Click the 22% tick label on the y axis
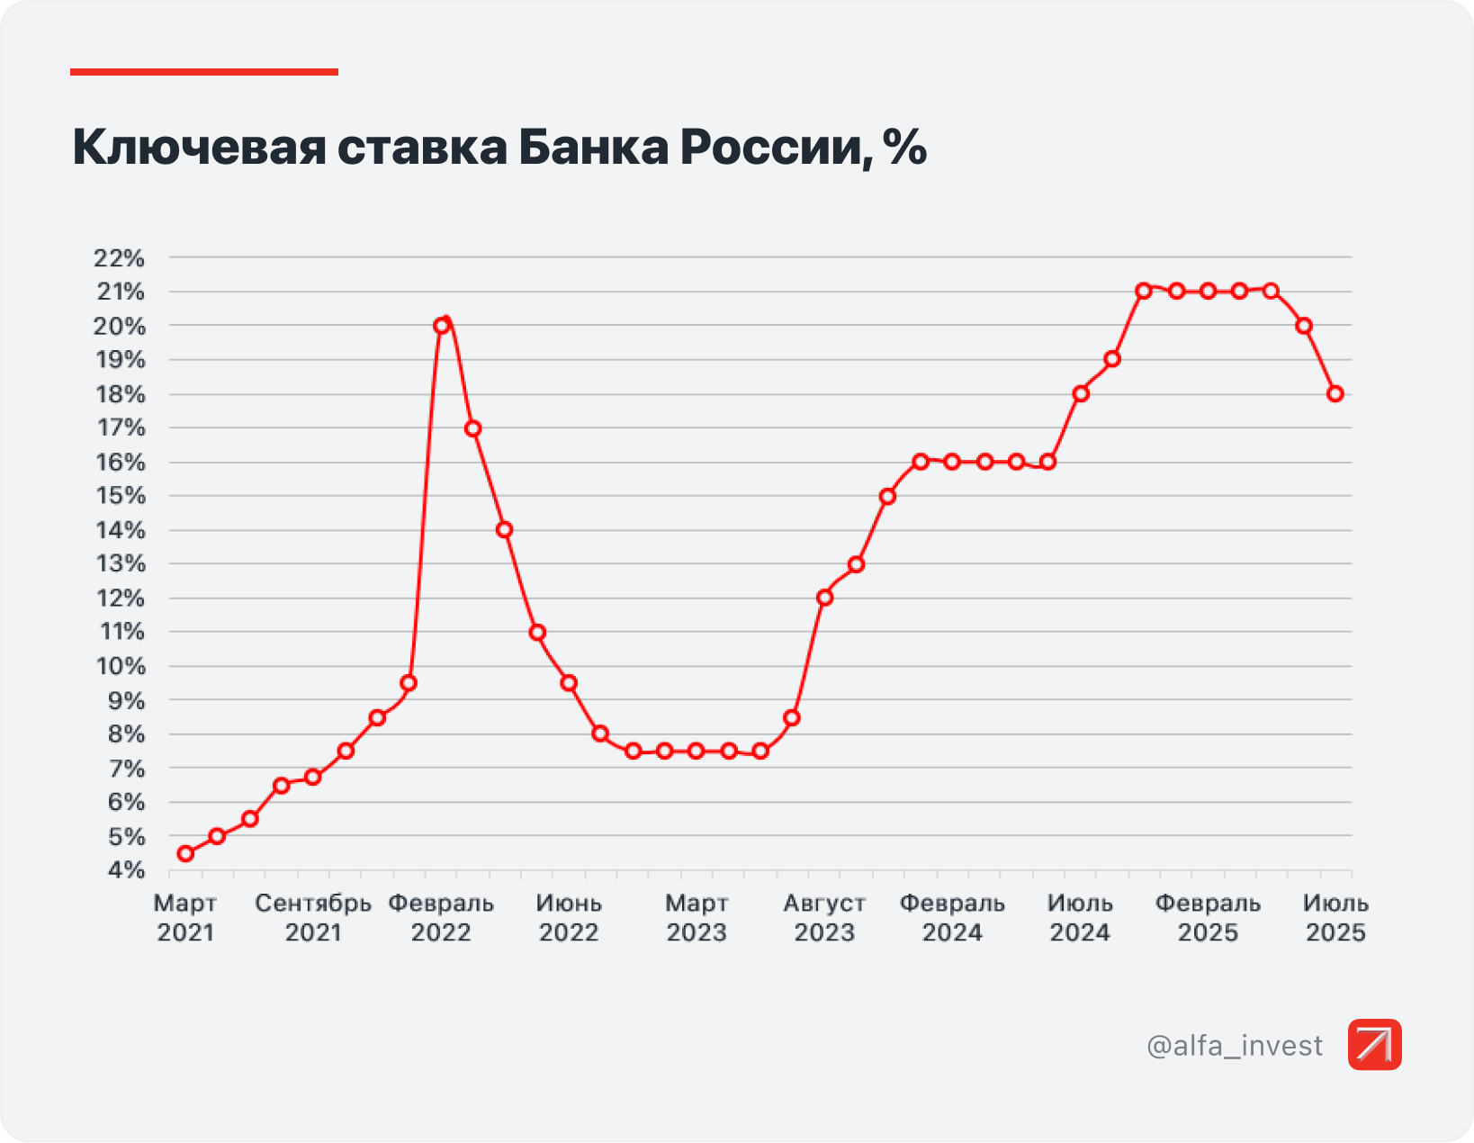(x=119, y=258)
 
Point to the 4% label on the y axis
(x=126, y=870)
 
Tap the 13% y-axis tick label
(x=121, y=564)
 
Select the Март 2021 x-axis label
(x=185, y=918)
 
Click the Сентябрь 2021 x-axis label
(x=313, y=918)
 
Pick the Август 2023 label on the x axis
(x=824, y=918)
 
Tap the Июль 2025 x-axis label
(x=1335, y=918)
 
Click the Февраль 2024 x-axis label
(x=952, y=918)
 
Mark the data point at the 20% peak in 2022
(x=441, y=326)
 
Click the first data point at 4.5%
(x=185, y=853)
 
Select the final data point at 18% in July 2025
(x=1335, y=394)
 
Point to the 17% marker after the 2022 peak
(x=473, y=428)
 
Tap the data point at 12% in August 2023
(x=824, y=598)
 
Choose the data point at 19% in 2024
(x=1112, y=359)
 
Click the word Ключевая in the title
(x=199, y=147)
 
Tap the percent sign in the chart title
(x=905, y=147)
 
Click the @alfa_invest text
(x=1235, y=1046)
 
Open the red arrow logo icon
(x=1374, y=1045)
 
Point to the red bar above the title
(x=204, y=72)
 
